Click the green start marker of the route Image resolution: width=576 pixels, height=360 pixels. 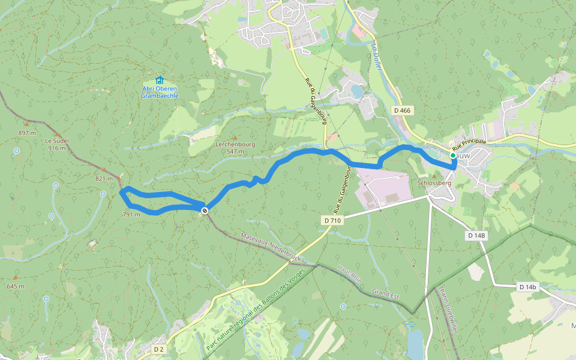pyautogui.click(x=452, y=155)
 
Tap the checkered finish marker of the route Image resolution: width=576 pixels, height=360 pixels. pyautogui.click(x=205, y=210)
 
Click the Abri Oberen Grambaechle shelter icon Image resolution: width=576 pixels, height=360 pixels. pyautogui.click(x=159, y=80)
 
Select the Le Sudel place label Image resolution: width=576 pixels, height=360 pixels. pyautogui.click(x=57, y=141)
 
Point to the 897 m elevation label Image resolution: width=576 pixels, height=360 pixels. pyautogui.click(x=28, y=133)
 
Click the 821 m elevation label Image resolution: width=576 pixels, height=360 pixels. pyautogui.click(x=104, y=179)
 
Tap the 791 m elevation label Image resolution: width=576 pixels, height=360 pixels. pyautogui.click(x=131, y=214)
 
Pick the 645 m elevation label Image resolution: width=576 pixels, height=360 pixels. pyautogui.click(x=16, y=286)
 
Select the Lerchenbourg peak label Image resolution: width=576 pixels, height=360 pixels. pyautogui.click(x=235, y=145)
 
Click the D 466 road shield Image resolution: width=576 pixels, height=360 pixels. pyautogui.click(x=403, y=110)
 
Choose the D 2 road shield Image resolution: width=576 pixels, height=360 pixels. pyautogui.click(x=158, y=349)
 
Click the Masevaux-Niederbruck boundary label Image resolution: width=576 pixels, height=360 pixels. pyautogui.click(x=270, y=247)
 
